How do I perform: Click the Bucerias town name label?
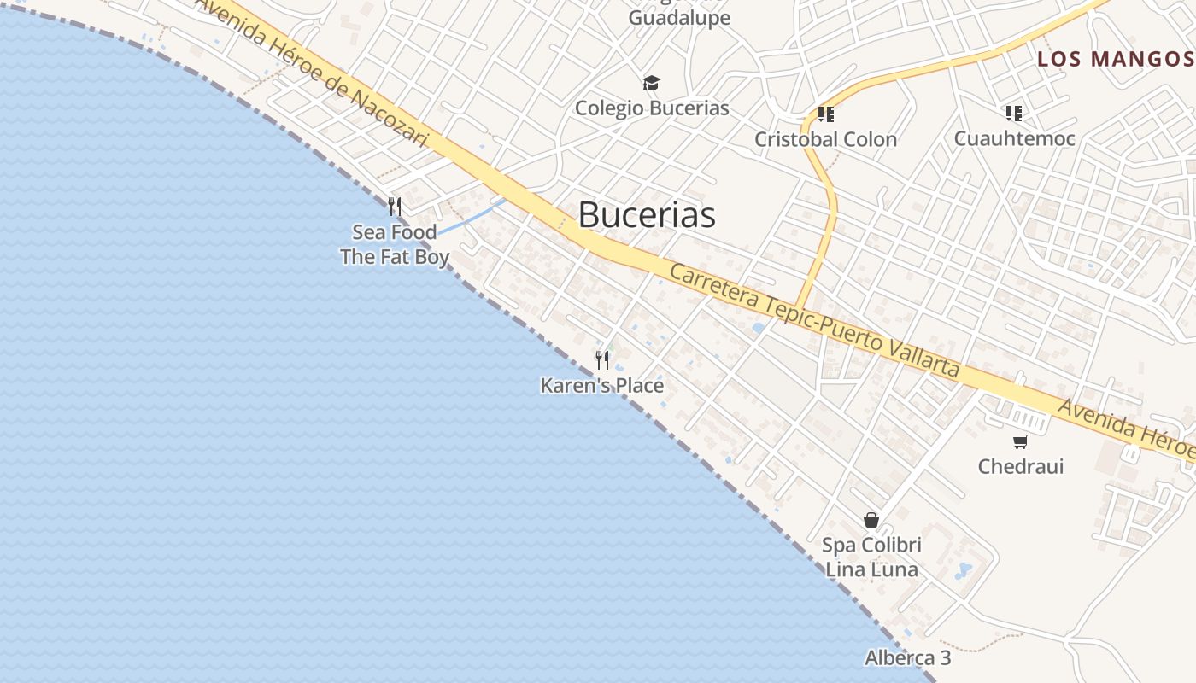coord(647,214)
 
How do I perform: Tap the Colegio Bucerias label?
coord(652,108)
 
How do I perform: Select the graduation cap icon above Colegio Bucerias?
coord(652,83)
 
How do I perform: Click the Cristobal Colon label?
coord(825,139)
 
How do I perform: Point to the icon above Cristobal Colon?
coord(825,114)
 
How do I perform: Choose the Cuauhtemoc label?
coord(1014,138)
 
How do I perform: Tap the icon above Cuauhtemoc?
coord(1014,113)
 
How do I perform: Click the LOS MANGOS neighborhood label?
coord(1114,59)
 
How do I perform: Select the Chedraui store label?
coord(1020,466)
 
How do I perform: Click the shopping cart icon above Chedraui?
coord(1020,441)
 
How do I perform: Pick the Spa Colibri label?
coord(871,545)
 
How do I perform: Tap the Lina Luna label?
coord(871,569)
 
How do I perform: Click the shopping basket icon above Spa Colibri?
coord(871,520)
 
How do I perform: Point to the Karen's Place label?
coord(601,386)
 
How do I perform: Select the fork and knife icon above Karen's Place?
coord(602,360)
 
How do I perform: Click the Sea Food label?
coord(395,232)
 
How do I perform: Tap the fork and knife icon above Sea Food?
coord(395,207)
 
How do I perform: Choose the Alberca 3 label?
coord(907,658)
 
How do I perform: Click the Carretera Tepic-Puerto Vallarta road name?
coord(814,321)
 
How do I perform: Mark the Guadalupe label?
coord(679,18)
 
